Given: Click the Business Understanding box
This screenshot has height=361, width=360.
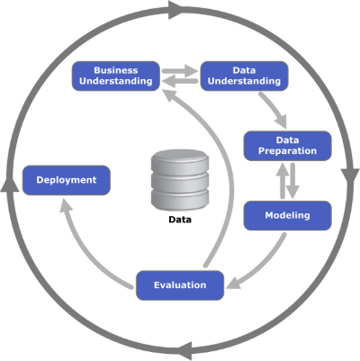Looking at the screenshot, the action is click(116, 76).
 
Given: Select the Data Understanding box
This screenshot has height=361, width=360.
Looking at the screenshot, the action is click(244, 76).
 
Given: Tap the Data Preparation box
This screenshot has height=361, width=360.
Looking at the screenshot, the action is click(287, 146).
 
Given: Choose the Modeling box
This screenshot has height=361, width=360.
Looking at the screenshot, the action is click(287, 215).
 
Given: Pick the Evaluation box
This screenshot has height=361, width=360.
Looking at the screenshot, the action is click(180, 285).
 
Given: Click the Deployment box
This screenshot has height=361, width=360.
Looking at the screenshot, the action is click(67, 180).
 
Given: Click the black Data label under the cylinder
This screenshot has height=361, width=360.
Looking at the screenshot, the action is click(180, 220).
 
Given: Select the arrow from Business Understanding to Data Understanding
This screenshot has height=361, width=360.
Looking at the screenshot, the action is click(180, 71).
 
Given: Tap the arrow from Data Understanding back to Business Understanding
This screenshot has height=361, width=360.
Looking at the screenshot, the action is click(179, 81).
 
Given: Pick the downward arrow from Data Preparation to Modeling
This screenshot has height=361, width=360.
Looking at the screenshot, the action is click(292, 181).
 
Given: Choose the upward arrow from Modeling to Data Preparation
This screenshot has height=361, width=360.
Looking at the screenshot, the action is click(283, 180).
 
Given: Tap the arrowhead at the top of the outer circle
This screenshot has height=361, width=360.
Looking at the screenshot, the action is click(176, 10).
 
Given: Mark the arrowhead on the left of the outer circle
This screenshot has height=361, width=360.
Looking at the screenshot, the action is click(10, 183).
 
